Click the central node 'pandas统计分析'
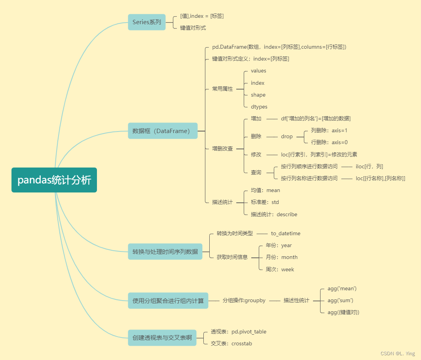click(x=54, y=180)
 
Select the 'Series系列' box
click(x=147, y=22)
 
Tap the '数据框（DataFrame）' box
click(x=162, y=131)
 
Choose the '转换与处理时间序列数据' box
click(x=165, y=251)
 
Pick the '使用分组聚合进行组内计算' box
click(x=168, y=301)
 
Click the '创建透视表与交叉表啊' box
click(x=162, y=338)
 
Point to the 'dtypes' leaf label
click(x=259, y=107)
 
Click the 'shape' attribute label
click(x=258, y=95)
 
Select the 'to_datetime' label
click(x=285, y=233)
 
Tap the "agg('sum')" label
click(x=340, y=300)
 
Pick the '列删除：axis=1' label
click(x=329, y=130)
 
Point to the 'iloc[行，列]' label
click(x=369, y=166)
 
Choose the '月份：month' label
click(x=281, y=257)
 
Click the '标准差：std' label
click(x=265, y=202)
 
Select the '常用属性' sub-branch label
click(x=222, y=89)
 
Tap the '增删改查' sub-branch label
click(x=222, y=149)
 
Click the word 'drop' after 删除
click(x=287, y=136)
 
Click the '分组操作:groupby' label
click(x=244, y=301)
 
